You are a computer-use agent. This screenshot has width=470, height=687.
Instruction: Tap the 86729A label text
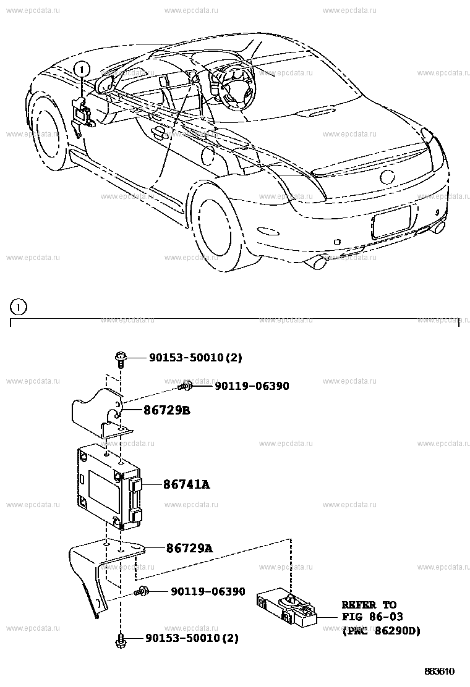[x=189, y=548]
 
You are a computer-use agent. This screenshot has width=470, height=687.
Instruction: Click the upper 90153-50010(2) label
[x=195, y=358]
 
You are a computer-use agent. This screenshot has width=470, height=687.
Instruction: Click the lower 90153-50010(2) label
[x=192, y=637]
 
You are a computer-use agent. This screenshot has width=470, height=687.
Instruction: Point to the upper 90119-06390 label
[x=252, y=386]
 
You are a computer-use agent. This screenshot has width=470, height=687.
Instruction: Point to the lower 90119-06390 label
[x=208, y=591]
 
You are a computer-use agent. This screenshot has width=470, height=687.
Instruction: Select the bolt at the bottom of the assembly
[x=121, y=639]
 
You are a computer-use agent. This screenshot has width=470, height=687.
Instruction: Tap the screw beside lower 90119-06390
[x=143, y=591]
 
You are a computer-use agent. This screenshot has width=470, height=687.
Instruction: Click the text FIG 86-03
[x=372, y=617]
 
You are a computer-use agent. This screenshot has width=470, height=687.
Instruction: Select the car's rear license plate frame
[x=391, y=222]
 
